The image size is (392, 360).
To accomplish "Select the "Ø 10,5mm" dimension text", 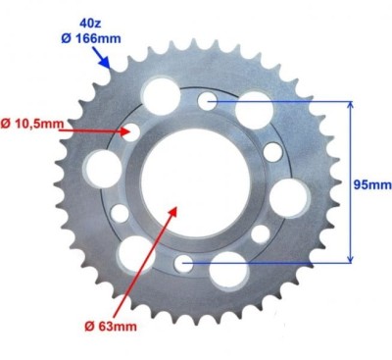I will [x=32, y=124].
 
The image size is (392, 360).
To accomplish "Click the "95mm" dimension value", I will [x=369, y=182].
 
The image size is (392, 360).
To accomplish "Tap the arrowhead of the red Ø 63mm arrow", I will [x=175, y=208].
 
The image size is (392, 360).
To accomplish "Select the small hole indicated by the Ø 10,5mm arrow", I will [x=131, y=131].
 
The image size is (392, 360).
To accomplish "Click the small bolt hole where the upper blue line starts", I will [x=207, y=100].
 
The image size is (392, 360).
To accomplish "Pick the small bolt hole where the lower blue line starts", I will [x=185, y=263].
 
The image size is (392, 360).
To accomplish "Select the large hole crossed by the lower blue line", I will [x=226, y=269].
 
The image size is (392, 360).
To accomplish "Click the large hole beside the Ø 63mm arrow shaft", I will [x=134, y=254].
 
